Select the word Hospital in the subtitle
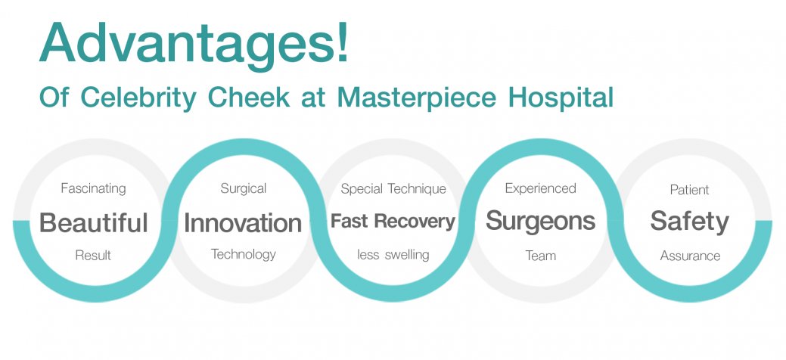point(561,98)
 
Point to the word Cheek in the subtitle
point(249,98)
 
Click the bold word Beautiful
point(94,222)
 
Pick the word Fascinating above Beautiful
point(93,189)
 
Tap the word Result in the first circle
point(93,255)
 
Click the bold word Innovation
point(243,222)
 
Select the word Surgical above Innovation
point(244,189)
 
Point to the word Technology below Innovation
point(244,255)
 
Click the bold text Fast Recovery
point(393,221)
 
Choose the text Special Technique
point(393,189)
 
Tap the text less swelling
point(393,255)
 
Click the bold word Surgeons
point(541,221)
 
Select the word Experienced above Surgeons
point(541,188)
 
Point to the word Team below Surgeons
point(541,256)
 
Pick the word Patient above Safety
point(690,190)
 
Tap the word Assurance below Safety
point(690,256)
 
